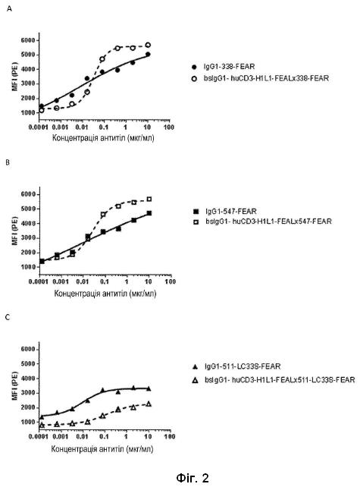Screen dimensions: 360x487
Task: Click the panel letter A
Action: (9, 8)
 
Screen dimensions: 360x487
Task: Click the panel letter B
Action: (8, 162)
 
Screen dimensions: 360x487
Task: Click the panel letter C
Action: (8, 317)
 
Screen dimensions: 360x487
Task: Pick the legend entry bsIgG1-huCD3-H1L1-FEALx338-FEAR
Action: (266, 78)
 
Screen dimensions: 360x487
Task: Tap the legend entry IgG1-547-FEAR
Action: (231, 212)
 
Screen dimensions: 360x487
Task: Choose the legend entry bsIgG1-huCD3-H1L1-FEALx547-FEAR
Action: (268, 222)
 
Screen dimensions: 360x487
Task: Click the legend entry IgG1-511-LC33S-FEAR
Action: (243, 366)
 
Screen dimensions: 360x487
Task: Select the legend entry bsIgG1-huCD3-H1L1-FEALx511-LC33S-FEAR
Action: (280, 379)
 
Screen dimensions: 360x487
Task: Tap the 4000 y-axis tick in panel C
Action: (28, 379)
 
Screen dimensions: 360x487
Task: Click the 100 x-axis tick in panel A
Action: (169, 127)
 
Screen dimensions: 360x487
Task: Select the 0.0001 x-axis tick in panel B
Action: (38, 281)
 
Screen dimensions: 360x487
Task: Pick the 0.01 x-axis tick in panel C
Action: (83, 437)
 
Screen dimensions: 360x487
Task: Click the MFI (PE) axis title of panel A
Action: (14, 77)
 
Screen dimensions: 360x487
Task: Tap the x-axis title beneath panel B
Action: (105, 294)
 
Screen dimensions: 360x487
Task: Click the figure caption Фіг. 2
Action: (193, 478)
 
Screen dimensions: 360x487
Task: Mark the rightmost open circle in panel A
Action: (148, 45)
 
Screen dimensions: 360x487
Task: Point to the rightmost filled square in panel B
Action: (149, 213)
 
